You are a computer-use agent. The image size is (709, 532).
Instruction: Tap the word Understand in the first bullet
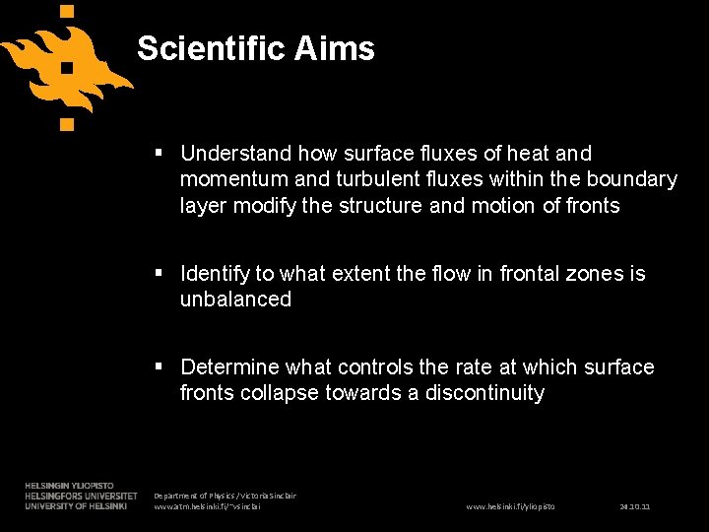click(236, 154)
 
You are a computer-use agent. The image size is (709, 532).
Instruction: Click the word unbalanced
click(235, 299)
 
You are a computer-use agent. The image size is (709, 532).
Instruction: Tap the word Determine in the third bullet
click(230, 367)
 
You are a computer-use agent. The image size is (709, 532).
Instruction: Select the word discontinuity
click(484, 393)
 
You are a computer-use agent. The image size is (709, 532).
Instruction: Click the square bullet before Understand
click(161, 154)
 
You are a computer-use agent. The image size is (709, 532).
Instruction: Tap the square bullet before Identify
click(161, 273)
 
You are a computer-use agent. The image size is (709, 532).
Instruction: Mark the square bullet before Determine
click(161, 367)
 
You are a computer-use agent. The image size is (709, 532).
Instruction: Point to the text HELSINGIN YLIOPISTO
click(69, 486)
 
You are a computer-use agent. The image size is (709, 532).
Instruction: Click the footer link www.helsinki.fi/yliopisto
click(510, 506)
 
